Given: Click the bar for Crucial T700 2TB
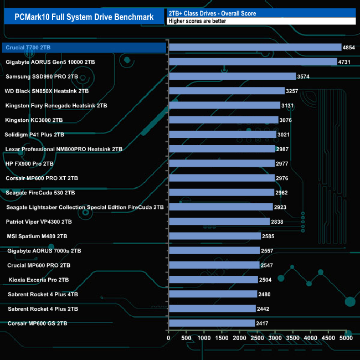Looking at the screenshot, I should point(255,48).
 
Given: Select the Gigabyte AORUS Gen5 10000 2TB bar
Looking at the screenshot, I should point(253,62).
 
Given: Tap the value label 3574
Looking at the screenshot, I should point(304,76).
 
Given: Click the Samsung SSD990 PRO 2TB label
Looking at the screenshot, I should point(42,76).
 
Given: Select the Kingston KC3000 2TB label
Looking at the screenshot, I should point(34,120).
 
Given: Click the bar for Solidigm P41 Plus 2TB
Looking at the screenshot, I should point(222,135).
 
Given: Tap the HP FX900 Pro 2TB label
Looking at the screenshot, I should point(29,163).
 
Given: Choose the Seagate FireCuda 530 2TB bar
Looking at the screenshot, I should point(221,193).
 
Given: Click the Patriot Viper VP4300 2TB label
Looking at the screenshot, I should point(39,222).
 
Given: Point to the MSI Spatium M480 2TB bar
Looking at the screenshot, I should point(214,236).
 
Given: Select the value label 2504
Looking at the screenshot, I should point(266,280).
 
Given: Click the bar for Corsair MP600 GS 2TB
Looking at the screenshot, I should point(212,323).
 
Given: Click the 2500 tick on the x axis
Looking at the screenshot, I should point(257,337).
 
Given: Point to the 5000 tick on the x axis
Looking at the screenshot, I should point(346,337).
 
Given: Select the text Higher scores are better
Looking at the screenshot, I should point(198,21).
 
